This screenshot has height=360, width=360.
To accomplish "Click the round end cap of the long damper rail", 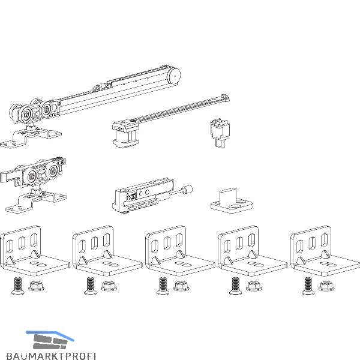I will point(175,75).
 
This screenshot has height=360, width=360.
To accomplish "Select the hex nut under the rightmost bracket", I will point(327,286).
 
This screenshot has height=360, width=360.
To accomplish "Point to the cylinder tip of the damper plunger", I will point(187,191).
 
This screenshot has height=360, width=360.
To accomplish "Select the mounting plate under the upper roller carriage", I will point(33,137).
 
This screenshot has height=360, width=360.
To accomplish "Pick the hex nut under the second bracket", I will point(109,286).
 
